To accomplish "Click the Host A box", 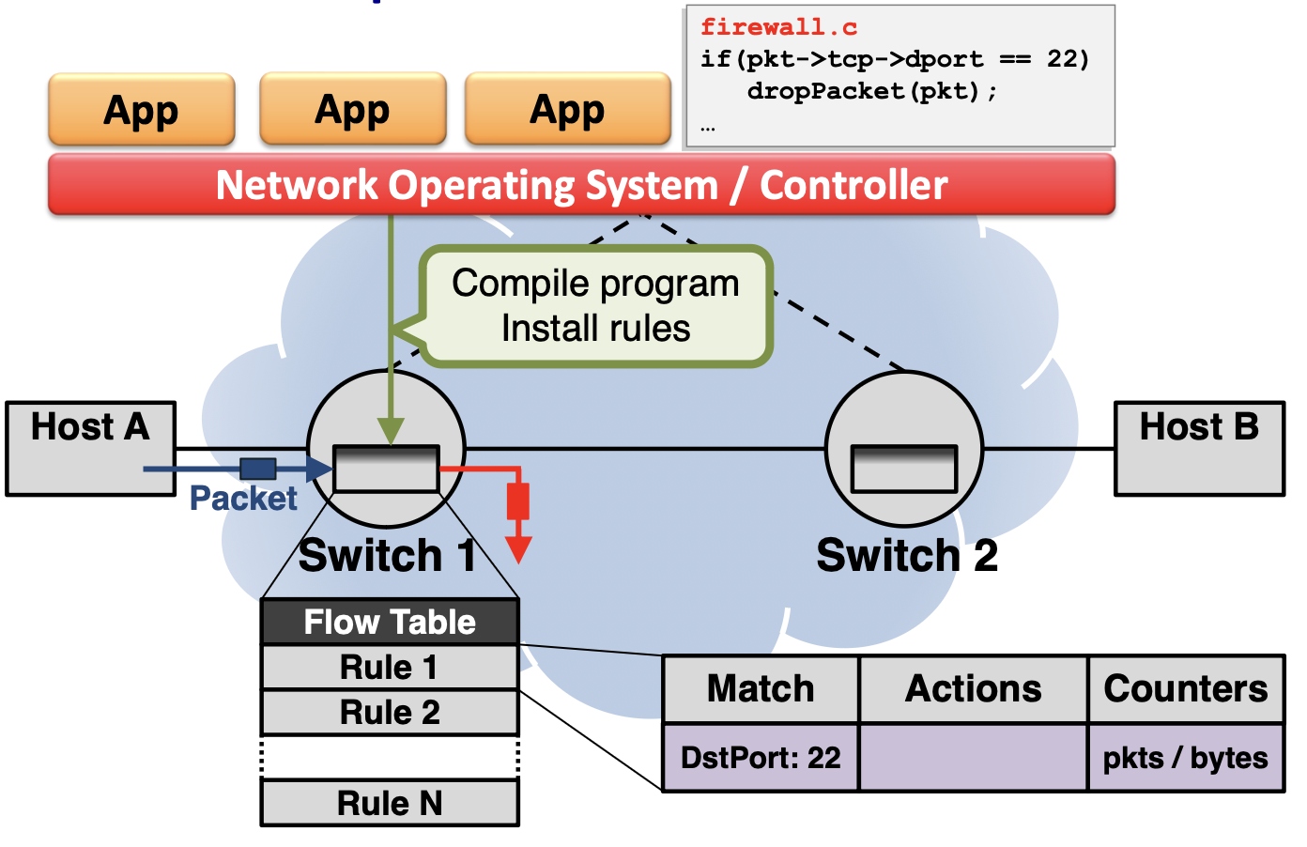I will click(90, 448).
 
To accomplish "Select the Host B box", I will click(1199, 448).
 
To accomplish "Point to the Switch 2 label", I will click(907, 555).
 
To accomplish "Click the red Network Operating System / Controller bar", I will click(581, 185).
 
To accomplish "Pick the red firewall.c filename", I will click(778, 27).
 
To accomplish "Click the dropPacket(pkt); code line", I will click(872, 91).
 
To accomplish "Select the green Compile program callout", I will click(596, 306).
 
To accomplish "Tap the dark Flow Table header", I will click(390, 622).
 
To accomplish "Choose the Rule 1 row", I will click(390, 668).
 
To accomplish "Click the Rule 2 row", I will click(390, 713).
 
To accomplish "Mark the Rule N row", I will click(390, 804).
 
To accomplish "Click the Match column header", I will click(761, 689).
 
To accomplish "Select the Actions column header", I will click(973, 689).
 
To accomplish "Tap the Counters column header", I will click(1186, 689).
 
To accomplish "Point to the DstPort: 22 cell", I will click(761, 758).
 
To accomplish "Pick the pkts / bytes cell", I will click(1186, 758).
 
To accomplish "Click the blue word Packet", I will click(243, 499).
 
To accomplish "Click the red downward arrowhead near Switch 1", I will click(518, 549).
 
